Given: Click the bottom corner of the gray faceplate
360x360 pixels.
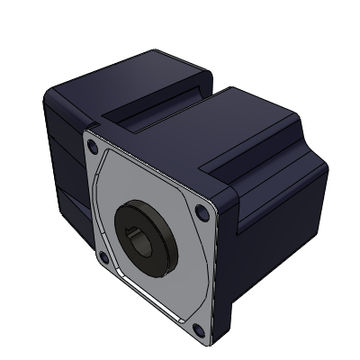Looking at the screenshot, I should (x=209, y=344).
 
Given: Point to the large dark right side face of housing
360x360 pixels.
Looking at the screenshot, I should (x=270, y=234).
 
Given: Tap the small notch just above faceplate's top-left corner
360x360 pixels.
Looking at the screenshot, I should (x=90, y=126).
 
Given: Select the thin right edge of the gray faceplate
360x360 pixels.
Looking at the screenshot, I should (x=216, y=270).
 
